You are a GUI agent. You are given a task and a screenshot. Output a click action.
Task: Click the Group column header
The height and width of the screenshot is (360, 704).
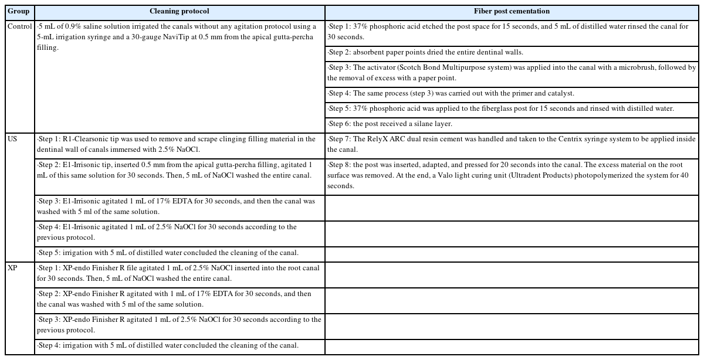18,12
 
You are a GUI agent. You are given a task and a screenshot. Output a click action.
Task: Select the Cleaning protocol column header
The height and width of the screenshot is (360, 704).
179,12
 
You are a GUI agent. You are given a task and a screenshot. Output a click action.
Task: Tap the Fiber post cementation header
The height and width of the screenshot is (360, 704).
512,12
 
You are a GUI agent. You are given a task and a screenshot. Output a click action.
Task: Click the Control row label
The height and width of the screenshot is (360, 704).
19,27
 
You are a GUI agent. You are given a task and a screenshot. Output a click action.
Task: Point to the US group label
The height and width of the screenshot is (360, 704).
13,140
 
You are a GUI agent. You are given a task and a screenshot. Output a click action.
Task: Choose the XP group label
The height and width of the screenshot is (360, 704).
13,267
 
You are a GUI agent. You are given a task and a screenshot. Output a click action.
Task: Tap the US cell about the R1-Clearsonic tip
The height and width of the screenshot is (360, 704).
180,144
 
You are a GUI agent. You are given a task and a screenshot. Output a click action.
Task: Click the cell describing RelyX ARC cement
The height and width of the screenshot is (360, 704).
512,144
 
